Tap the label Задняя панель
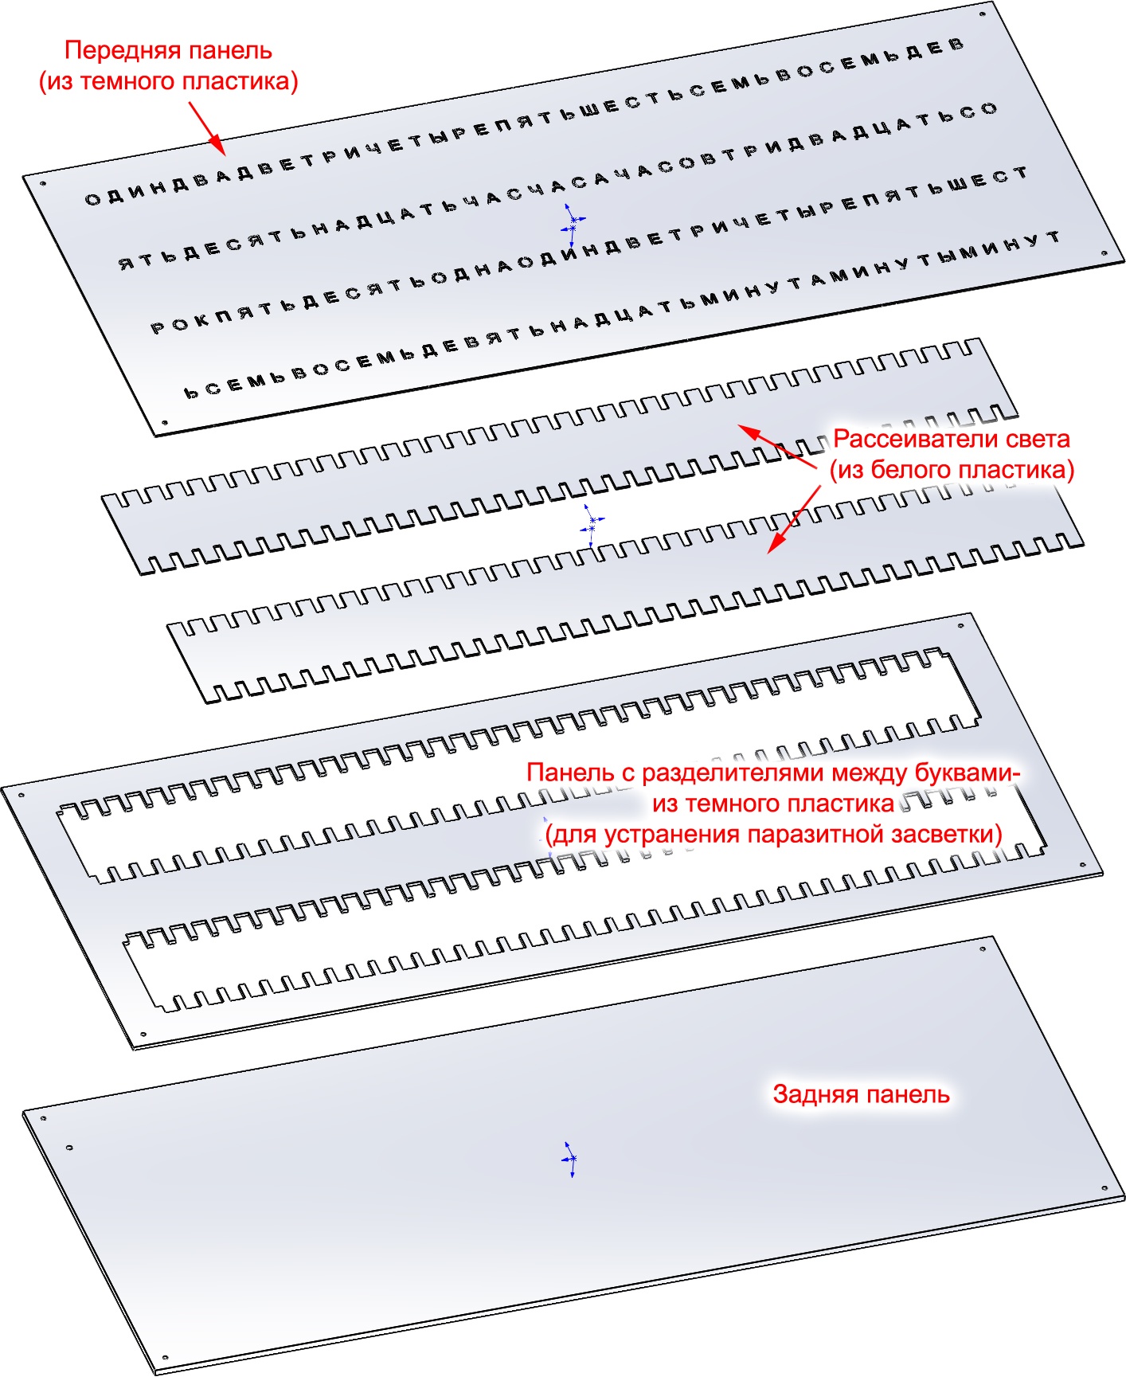(861, 1094)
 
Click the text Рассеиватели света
(951, 439)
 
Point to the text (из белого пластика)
(951, 470)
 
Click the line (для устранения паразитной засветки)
(773, 834)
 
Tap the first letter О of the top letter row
(92, 199)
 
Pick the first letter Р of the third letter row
(158, 327)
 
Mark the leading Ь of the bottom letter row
(192, 392)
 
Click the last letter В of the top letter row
(956, 45)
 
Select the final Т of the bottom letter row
(1053, 237)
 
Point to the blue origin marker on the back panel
(569, 1159)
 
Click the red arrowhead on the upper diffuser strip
(749, 432)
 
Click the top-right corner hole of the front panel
(983, 14)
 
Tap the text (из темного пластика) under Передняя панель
(169, 81)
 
